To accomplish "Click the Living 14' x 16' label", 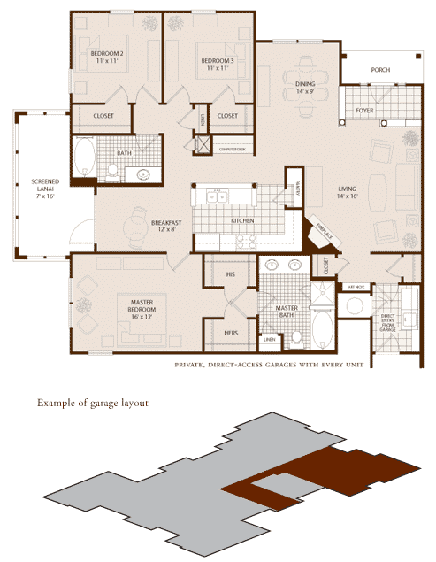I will pyautogui.click(x=349, y=192).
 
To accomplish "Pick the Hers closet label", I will pyautogui.click(x=231, y=335).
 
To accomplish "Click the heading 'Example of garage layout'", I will pyautogui.click(x=92, y=403).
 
